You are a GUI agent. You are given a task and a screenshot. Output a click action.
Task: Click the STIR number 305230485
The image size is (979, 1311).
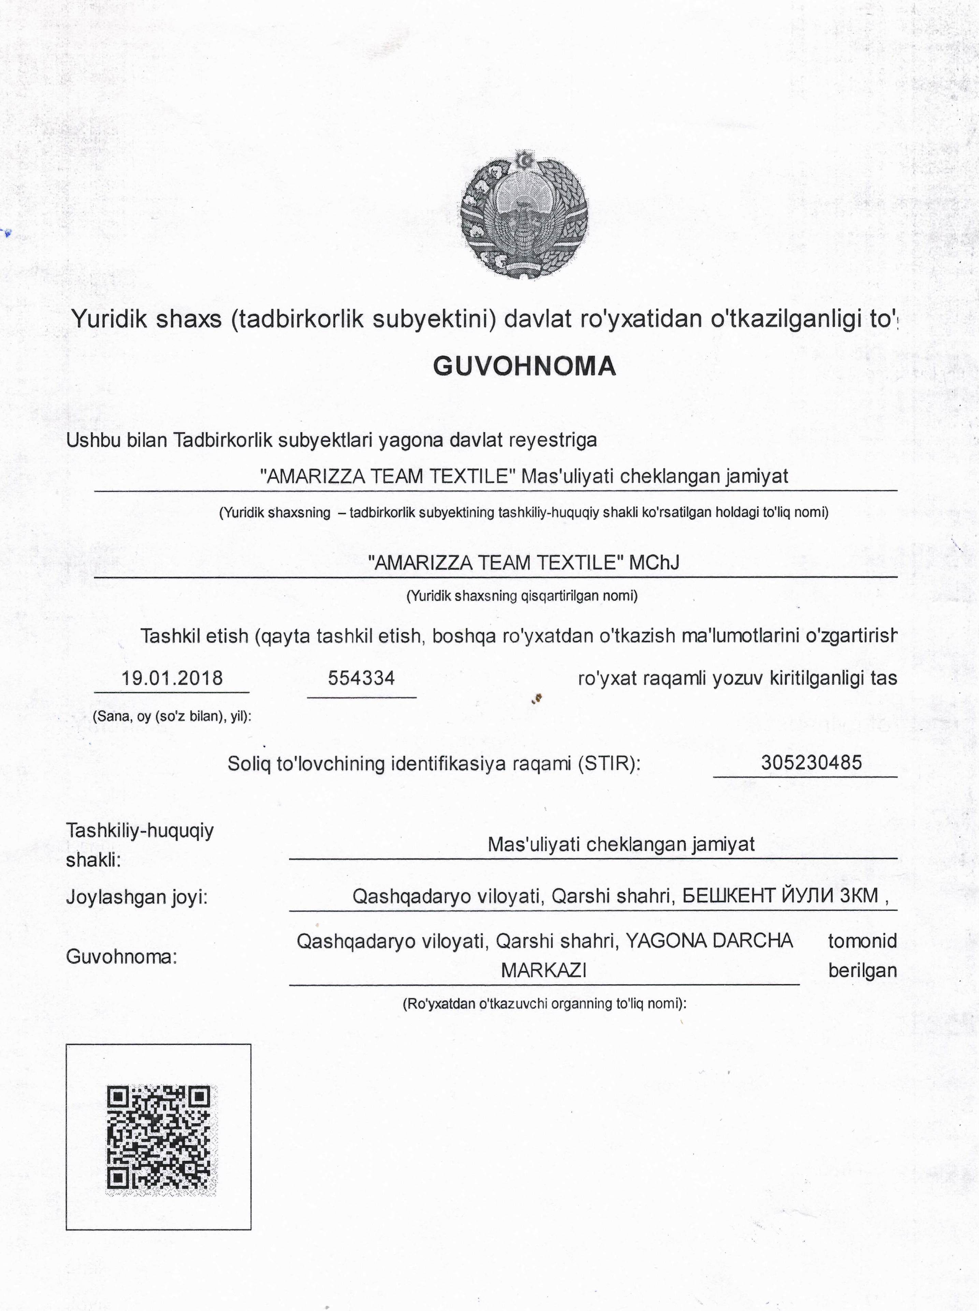tap(811, 763)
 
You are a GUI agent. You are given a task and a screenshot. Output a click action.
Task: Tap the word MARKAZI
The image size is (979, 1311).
tap(544, 970)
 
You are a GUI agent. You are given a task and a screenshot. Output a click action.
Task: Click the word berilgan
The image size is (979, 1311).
tap(862, 970)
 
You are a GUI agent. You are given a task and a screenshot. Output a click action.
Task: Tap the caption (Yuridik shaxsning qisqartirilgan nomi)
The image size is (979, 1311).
tap(522, 596)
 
